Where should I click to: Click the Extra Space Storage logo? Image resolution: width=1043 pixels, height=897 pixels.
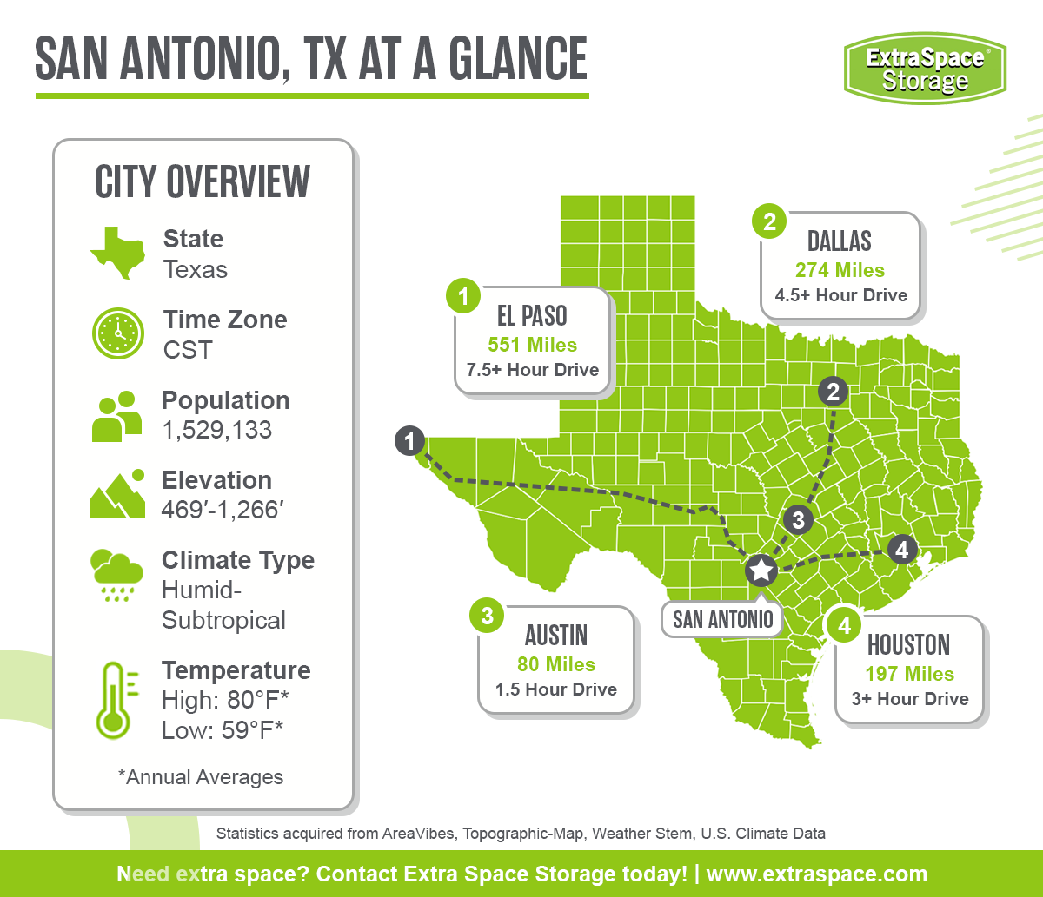(x=925, y=68)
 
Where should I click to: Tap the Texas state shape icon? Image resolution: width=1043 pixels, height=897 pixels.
(x=116, y=253)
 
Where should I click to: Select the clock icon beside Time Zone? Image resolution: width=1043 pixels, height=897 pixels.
(x=116, y=333)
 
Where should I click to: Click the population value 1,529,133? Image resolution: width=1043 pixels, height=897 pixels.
(x=216, y=430)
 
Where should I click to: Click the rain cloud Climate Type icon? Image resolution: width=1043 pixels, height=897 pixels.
(x=116, y=574)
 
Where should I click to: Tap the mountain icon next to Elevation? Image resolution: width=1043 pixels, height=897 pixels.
(x=116, y=495)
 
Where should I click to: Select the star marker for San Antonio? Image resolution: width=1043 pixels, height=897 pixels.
(x=761, y=571)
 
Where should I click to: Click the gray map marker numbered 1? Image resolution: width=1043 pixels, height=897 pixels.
(x=409, y=440)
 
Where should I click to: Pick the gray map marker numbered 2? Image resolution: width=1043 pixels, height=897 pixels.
(x=833, y=392)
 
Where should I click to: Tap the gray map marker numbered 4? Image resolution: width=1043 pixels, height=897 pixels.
(x=901, y=550)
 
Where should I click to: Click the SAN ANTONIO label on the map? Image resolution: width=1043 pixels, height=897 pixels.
(x=722, y=619)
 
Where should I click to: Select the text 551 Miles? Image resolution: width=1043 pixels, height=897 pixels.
(x=532, y=344)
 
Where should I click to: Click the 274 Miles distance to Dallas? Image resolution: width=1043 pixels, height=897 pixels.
(x=840, y=270)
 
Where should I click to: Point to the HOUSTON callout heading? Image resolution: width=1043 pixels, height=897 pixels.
(x=908, y=645)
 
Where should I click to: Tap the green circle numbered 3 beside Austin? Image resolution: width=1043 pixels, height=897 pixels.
(x=487, y=616)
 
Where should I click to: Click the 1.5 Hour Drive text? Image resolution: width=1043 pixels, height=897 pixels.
(x=556, y=689)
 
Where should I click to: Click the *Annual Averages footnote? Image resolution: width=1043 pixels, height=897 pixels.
(x=200, y=777)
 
